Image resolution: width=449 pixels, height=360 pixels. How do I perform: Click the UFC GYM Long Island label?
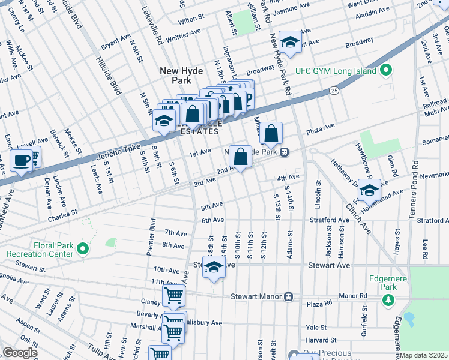[x=335, y=71]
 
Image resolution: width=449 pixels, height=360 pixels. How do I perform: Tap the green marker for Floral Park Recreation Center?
[x=84, y=248]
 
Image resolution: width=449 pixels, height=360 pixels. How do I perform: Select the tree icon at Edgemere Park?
[x=388, y=299]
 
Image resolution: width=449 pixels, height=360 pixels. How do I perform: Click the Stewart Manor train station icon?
[x=289, y=296]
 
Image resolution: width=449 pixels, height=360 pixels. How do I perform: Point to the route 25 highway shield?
[x=334, y=91]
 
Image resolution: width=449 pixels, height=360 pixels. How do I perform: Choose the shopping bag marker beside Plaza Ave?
[x=271, y=133]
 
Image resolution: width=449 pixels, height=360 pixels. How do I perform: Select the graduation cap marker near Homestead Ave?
[x=369, y=190]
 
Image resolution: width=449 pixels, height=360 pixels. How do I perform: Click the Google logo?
[x=20, y=353]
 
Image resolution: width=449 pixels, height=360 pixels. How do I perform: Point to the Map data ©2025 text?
[x=424, y=355]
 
